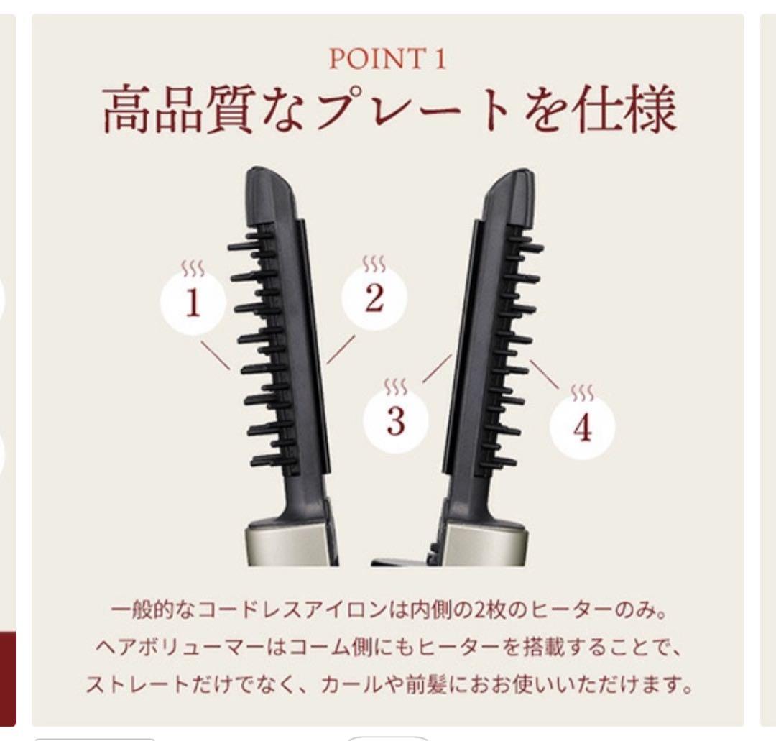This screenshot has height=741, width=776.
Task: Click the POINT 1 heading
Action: point(387,58)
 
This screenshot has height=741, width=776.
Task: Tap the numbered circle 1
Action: point(193,304)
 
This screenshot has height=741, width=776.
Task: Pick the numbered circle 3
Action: point(395,420)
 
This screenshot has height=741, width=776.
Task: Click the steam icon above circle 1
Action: point(193,270)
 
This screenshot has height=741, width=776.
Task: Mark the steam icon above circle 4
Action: point(582,393)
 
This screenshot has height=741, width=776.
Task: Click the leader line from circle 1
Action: point(216,355)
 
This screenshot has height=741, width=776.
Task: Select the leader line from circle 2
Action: point(341,349)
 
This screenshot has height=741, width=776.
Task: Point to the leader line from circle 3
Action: point(436,368)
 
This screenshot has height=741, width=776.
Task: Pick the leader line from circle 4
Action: point(544,374)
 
